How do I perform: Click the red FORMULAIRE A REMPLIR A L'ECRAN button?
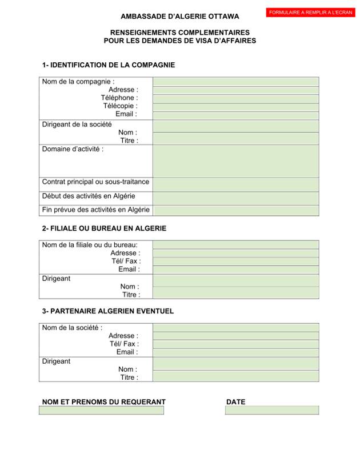coord(310,13)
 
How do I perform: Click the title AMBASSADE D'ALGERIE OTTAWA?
coord(180,17)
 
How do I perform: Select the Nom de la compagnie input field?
coord(235,82)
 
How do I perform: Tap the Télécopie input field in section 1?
coord(235,107)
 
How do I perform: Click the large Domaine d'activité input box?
coord(235,160)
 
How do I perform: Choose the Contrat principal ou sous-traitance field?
coord(235,184)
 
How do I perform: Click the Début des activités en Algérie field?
coord(235,198)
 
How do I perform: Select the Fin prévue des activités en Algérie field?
coord(235,211)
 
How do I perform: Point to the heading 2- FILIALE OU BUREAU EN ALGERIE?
coord(104,228)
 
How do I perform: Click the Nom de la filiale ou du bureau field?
coord(235,244)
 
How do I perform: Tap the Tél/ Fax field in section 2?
coord(235,261)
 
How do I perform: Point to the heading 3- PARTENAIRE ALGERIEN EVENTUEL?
coord(108,311)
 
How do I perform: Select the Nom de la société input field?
coord(235,327)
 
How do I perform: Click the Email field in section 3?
coord(235,352)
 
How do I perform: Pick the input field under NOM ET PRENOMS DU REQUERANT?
coord(101,410)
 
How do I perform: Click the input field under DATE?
coord(271,410)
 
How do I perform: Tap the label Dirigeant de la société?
coord(77,124)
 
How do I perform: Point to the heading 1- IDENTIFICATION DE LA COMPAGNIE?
coord(109,65)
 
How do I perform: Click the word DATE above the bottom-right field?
coord(235,402)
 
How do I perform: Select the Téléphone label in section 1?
coord(119,98)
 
